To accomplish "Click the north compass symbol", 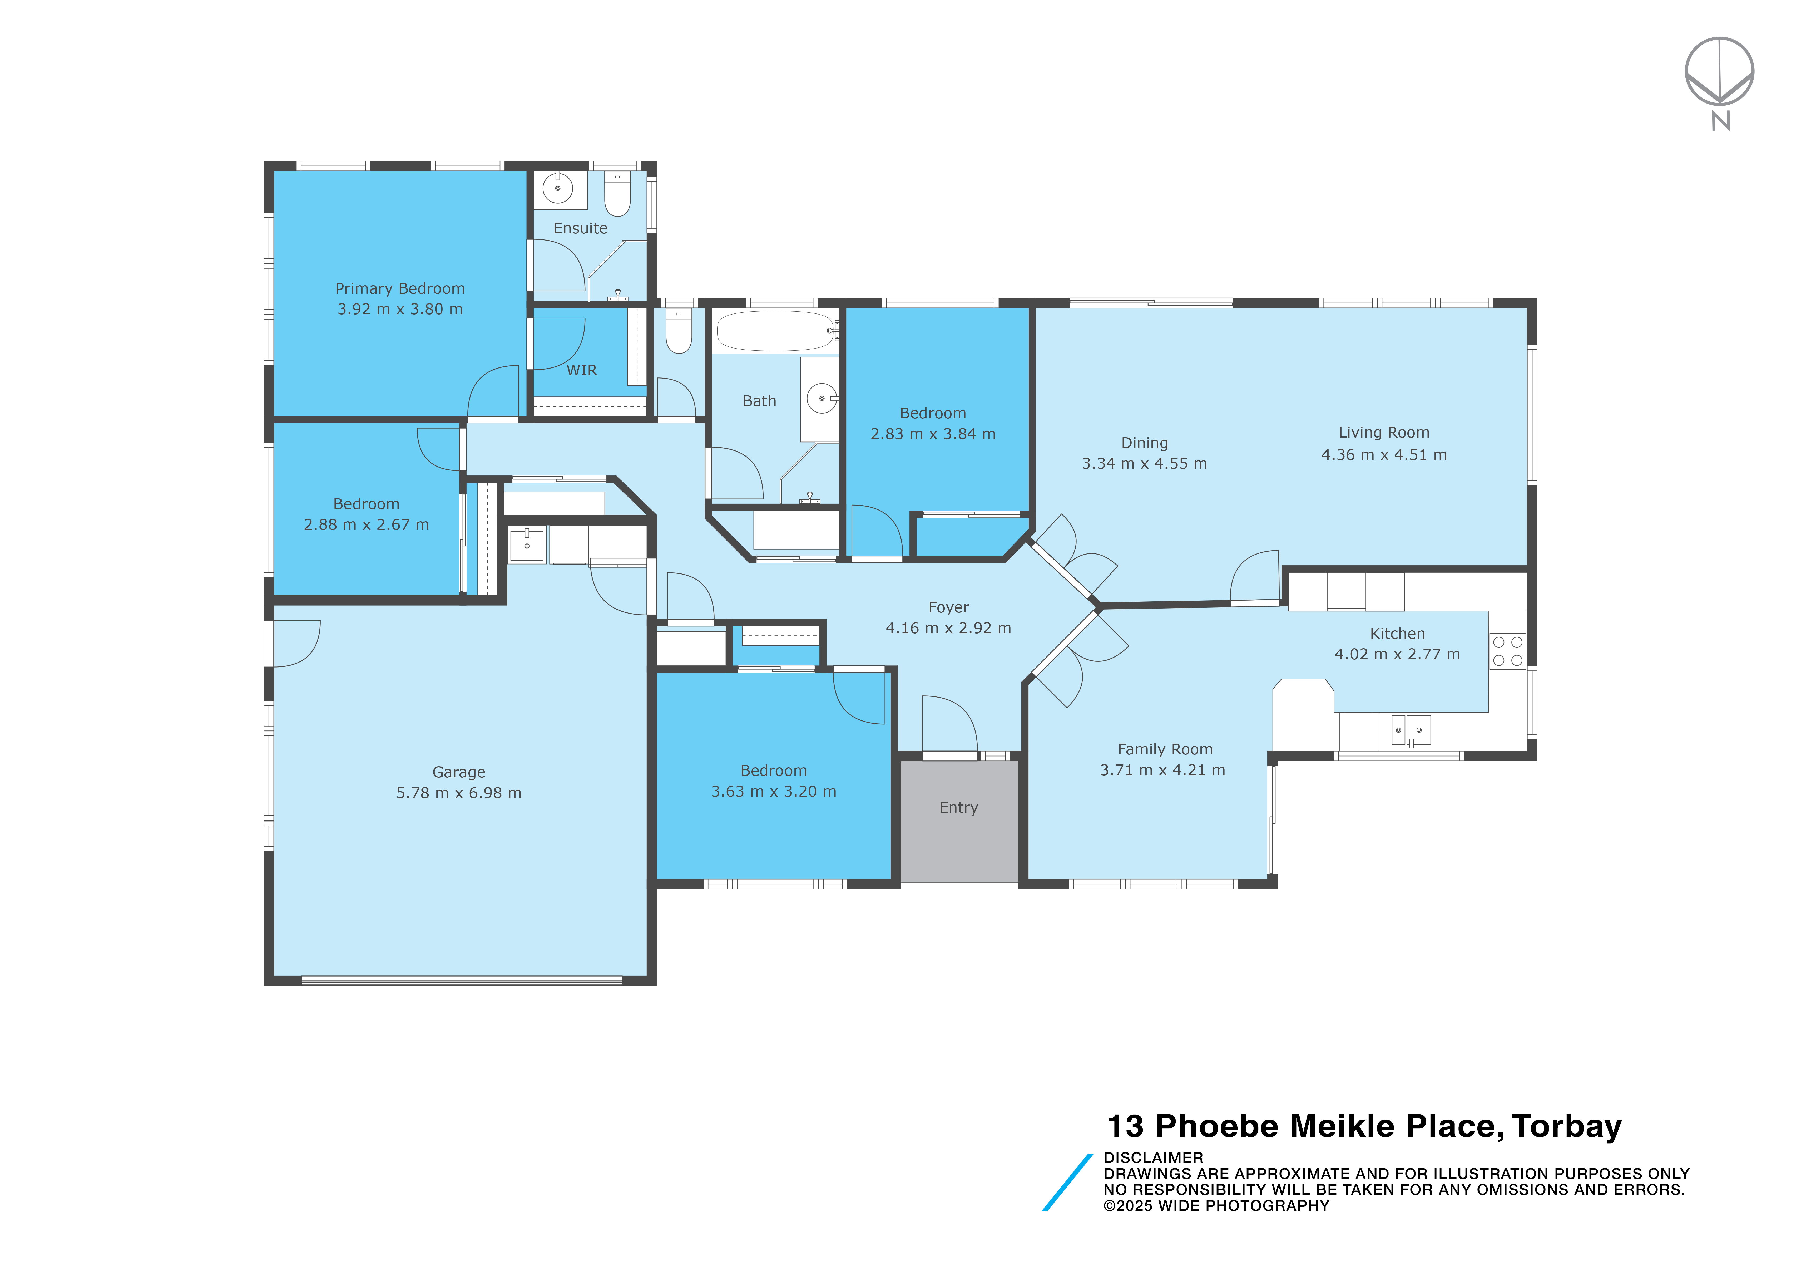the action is pyautogui.click(x=1719, y=82).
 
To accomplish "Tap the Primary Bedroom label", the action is pyautogui.click(x=400, y=289).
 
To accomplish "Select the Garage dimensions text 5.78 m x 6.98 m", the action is pyautogui.click(x=459, y=793).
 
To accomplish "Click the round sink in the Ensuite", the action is pyautogui.click(x=558, y=188).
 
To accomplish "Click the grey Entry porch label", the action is pyautogui.click(x=958, y=807).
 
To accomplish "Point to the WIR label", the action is pyautogui.click(x=582, y=370).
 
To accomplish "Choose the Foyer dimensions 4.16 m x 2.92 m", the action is pyautogui.click(x=948, y=629).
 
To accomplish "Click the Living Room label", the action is pyautogui.click(x=1384, y=432).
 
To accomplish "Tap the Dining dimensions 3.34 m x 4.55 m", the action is pyautogui.click(x=1144, y=464).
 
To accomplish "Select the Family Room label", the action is pyautogui.click(x=1165, y=749).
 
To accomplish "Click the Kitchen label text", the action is pyautogui.click(x=1397, y=633).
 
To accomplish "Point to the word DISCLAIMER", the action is pyautogui.click(x=1153, y=1157).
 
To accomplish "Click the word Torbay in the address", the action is pyautogui.click(x=1566, y=1127).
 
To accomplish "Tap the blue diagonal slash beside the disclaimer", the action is pyautogui.click(x=1067, y=1183).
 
